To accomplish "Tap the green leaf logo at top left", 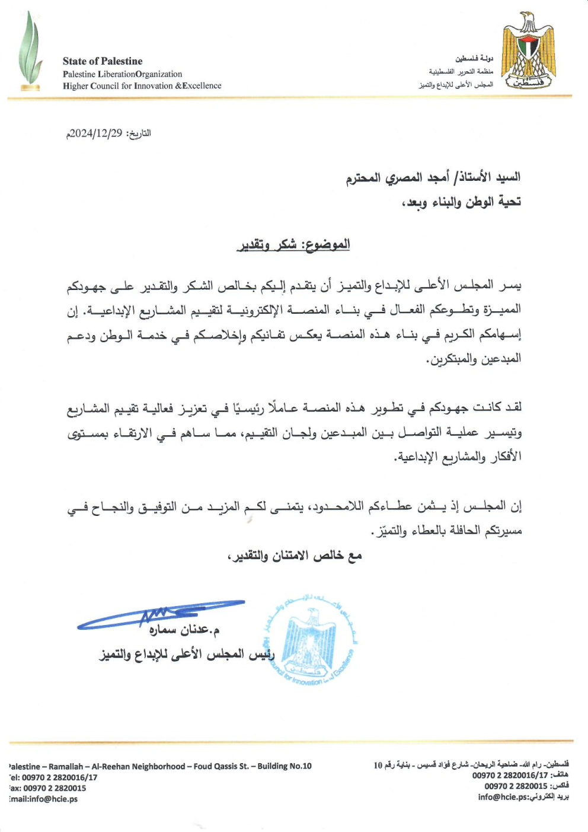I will coord(30,52).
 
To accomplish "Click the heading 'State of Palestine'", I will coord(103,61).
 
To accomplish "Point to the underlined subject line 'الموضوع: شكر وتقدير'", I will coord(293,244).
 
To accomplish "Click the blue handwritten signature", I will coord(160,614).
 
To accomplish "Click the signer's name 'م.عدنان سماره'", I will coord(184,629).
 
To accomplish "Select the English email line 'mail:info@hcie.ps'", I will coord(43,799).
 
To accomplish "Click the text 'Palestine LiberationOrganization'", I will coord(122,74).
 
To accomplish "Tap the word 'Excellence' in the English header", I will coord(202,86).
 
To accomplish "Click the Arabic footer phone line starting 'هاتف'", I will coord(520,776).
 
